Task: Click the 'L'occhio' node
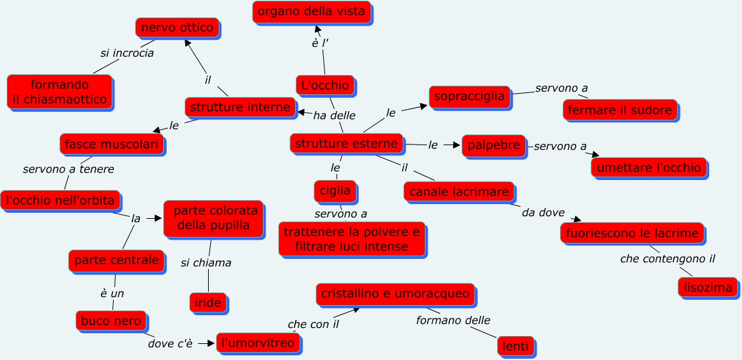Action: pyautogui.click(x=325, y=86)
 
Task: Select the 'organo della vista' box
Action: pyautogui.click(x=312, y=11)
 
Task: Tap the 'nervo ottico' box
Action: pyautogui.click(x=177, y=28)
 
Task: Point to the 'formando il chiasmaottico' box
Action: pyautogui.click(x=60, y=92)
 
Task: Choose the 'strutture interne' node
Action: pyautogui.click(x=240, y=107)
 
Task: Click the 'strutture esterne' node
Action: pyautogui.click(x=347, y=143)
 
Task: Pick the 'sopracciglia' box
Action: pyautogui.click(x=469, y=97)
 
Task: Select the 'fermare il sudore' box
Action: pyautogui.click(x=620, y=110)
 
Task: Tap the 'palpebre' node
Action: pyautogui.click(x=494, y=145)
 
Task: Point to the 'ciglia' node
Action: pyautogui.click(x=335, y=191)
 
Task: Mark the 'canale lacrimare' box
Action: pyautogui.click(x=459, y=192)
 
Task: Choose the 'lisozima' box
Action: pyautogui.click(x=708, y=288)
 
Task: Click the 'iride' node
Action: pyautogui.click(x=209, y=302)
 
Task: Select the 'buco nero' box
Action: pyautogui.click(x=111, y=321)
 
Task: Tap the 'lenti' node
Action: pyautogui.click(x=517, y=346)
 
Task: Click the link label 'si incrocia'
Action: pyautogui.click(x=127, y=53)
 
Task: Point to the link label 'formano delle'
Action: pyautogui.click(x=453, y=321)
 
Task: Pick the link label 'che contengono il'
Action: pyautogui.click(x=663, y=259)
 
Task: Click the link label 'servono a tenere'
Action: pyautogui.click(x=68, y=169)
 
